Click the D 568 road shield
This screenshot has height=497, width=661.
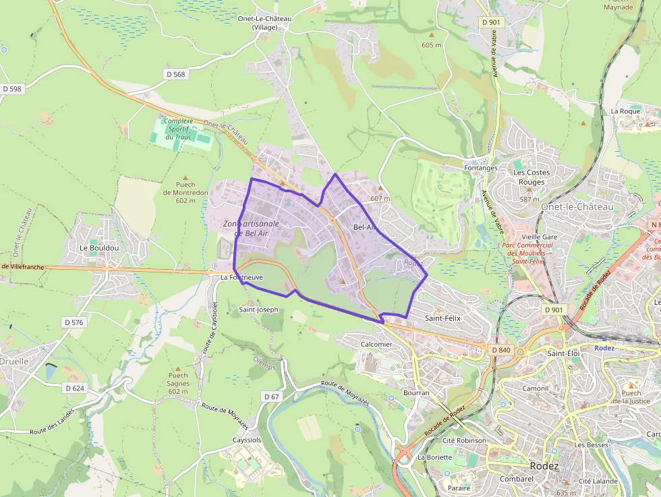click(175, 74)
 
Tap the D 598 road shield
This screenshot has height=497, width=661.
click(12, 89)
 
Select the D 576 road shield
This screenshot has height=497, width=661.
click(74, 322)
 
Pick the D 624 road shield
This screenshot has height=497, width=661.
click(76, 388)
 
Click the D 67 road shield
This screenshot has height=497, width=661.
click(271, 397)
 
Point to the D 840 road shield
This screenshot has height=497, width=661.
click(501, 350)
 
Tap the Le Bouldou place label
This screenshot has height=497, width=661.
click(99, 247)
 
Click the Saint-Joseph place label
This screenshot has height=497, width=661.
click(258, 310)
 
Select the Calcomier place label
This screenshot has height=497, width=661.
click(376, 344)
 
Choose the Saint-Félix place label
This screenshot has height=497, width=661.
click(442, 317)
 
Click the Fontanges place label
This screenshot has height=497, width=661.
click(481, 168)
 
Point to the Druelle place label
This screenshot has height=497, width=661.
click(14, 361)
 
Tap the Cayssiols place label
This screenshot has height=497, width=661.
click(246, 440)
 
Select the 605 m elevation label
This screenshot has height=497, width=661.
click(431, 45)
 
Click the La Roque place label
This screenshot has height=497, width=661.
click(625, 111)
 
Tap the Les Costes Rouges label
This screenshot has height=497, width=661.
click(531, 177)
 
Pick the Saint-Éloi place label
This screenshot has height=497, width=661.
click(564, 353)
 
